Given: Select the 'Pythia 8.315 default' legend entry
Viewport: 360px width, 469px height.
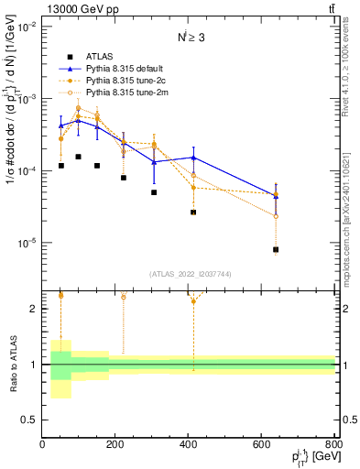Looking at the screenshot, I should tap(125, 69).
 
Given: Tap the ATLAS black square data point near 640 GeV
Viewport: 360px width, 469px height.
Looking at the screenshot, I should tap(276, 249).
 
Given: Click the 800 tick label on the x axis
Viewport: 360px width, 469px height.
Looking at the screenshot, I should tap(333, 446).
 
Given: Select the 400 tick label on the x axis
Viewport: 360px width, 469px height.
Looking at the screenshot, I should tap(188, 446).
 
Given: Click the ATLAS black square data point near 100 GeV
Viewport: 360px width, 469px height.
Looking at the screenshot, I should tap(79, 157).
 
